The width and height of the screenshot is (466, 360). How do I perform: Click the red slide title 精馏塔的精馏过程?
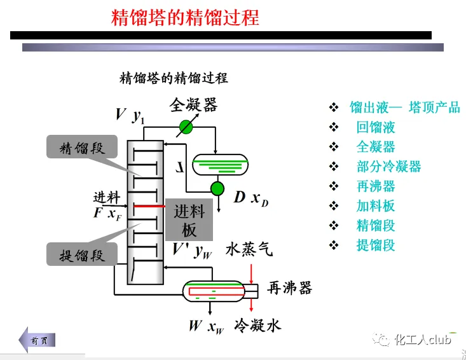185,17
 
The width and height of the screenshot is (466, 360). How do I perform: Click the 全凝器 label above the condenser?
193,104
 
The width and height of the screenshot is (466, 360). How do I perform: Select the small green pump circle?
217,188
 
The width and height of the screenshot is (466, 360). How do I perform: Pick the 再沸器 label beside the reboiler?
290,288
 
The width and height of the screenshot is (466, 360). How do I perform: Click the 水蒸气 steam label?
249,249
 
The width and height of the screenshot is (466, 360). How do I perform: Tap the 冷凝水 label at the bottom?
257,326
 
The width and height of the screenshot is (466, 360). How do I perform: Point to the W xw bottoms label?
207,327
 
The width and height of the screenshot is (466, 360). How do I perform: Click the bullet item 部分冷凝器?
388,167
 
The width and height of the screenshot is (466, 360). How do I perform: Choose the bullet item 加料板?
376,205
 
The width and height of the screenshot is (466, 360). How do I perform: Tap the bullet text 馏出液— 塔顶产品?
405,107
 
